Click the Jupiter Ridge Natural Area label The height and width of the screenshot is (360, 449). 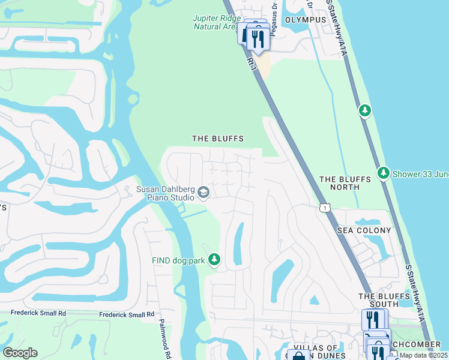pyautogui.click(x=216, y=22)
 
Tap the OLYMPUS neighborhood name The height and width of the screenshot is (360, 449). pyautogui.click(x=306, y=20)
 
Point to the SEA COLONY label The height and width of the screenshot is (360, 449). pyautogui.click(x=364, y=230)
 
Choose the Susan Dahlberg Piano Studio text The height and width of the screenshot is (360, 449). pyautogui.click(x=165, y=193)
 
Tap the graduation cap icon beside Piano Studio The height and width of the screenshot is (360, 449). pyautogui.click(x=203, y=193)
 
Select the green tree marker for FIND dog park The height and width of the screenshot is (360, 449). pyautogui.click(x=214, y=260)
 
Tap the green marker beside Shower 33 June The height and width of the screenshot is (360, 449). pyautogui.click(x=384, y=173)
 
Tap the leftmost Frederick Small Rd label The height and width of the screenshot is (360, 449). pyautogui.click(x=38, y=313)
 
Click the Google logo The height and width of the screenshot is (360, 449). pyautogui.click(x=20, y=353)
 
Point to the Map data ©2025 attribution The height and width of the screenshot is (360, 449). pyautogui.click(x=423, y=355)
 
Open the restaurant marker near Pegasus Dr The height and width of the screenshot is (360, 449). pyautogui.click(x=258, y=38)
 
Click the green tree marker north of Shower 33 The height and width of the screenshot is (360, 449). pyautogui.click(x=364, y=110)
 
